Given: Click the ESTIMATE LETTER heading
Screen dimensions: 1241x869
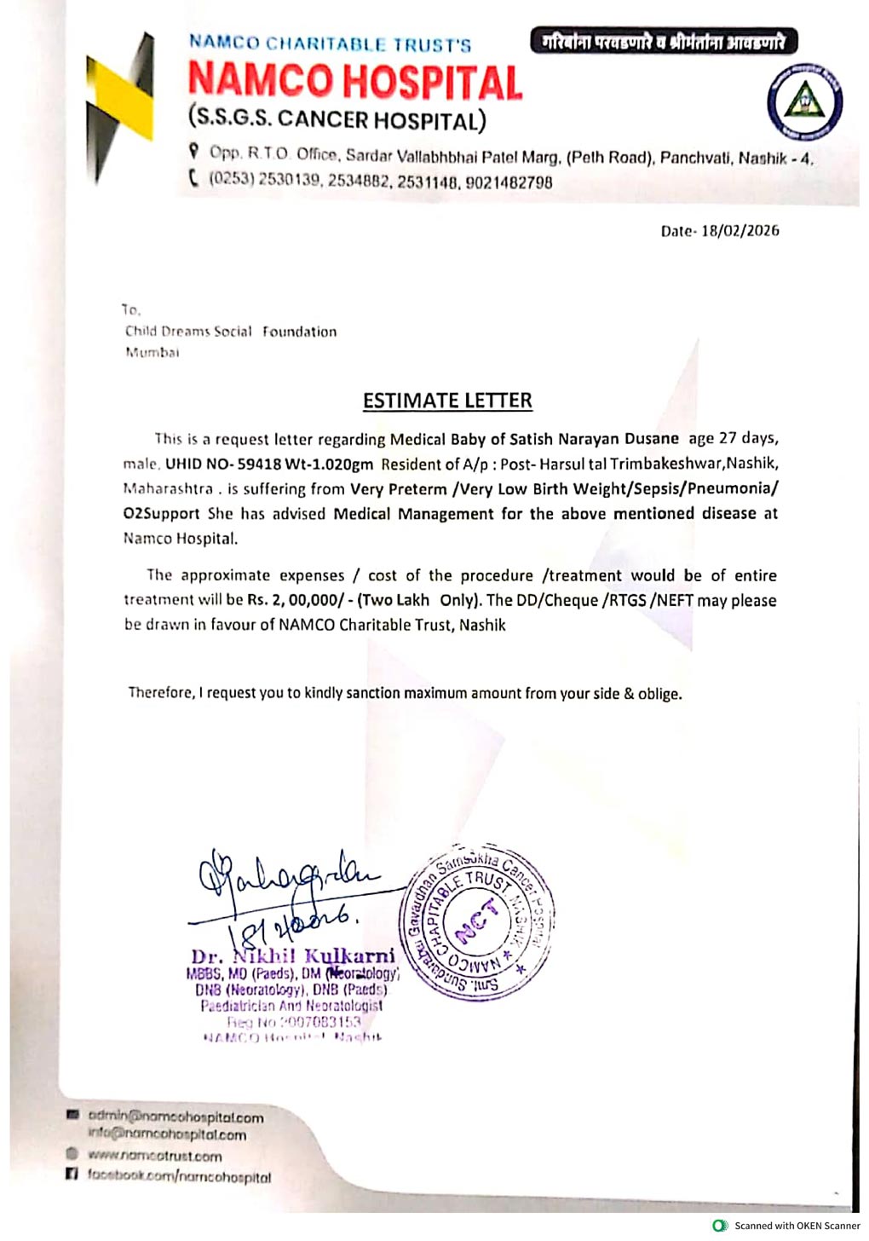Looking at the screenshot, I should [x=447, y=401].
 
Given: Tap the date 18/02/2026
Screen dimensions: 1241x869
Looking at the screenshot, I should [x=740, y=231].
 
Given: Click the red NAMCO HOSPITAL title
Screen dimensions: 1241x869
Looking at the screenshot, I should [x=354, y=83].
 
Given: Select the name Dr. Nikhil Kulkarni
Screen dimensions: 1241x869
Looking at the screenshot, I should [x=293, y=955].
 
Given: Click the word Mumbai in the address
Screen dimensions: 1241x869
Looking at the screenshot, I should [x=153, y=353].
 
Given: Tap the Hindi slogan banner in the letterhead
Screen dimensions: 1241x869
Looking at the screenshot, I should [x=663, y=41].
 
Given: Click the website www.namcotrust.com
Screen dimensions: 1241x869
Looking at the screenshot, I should [x=154, y=1157].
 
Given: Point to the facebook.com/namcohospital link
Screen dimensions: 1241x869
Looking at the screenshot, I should [x=179, y=1177].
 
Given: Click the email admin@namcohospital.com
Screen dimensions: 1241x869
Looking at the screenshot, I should [x=176, y=1117].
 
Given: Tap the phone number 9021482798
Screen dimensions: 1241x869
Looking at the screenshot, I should [x=509, y=182].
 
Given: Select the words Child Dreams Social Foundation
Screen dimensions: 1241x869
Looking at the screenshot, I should [x=231, y=332].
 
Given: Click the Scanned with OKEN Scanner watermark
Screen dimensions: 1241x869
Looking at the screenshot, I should [x=788, y=1226].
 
